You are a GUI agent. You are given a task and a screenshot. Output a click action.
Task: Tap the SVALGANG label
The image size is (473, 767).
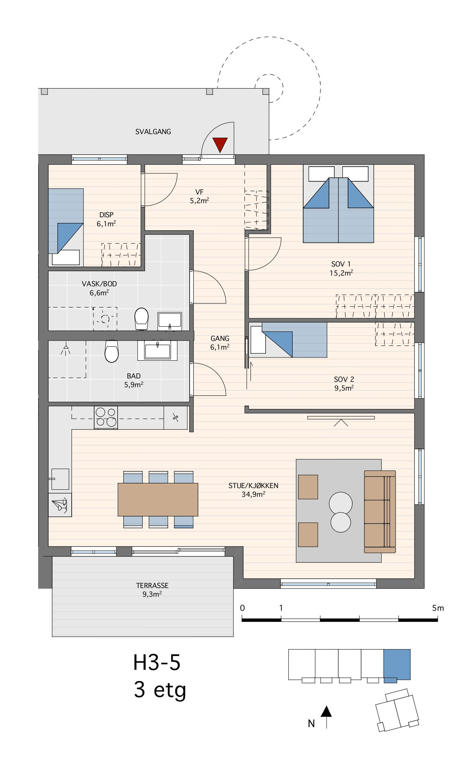pyautogui.click(x=153, y=132)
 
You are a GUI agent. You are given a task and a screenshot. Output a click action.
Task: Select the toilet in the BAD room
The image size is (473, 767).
pyautogui.click(x=112, y=351)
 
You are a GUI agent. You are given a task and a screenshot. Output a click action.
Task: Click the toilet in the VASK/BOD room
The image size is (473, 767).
pyautogui.click(x=141, y=319)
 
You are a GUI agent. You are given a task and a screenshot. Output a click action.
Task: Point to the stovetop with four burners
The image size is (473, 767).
pyautogui.click(x=106, y=417)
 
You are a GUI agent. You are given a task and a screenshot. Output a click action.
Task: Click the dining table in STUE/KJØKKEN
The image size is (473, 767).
pyautogui.click(x=158, y=499)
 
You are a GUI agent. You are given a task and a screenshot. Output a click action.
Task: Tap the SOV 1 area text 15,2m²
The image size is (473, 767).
pyautogui.click(x=341, y=273)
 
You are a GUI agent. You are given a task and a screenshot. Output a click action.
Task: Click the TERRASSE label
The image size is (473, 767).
pyautogui.click(x=152, y=585)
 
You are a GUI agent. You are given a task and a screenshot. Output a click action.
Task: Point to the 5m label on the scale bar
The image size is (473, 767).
pyautogui.click(x=438, y=608)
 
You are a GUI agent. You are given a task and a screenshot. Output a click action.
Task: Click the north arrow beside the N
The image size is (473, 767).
pyautogui.click(x=326, y=717)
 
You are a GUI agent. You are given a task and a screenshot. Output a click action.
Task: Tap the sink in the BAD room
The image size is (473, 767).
pyautogui.click(x=157, y=350)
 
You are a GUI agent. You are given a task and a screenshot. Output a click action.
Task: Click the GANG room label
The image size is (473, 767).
pyautogui.click(x=220, y=339)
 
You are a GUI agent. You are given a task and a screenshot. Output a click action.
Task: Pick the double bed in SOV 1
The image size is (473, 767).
pyautogui.click(x=338, y=203)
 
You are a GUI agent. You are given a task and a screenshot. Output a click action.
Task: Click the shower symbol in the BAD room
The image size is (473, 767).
pyautogui.click(x=66, y=349)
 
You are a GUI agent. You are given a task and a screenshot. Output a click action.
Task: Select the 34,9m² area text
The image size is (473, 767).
pyautogui.click(x=254, y=494)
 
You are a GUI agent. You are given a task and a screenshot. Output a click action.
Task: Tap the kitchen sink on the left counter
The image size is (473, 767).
pyautogui.click(x=60, y=479)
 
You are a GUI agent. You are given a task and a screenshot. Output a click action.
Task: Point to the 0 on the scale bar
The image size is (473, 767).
pyautogui.click(x=243, y=608)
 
